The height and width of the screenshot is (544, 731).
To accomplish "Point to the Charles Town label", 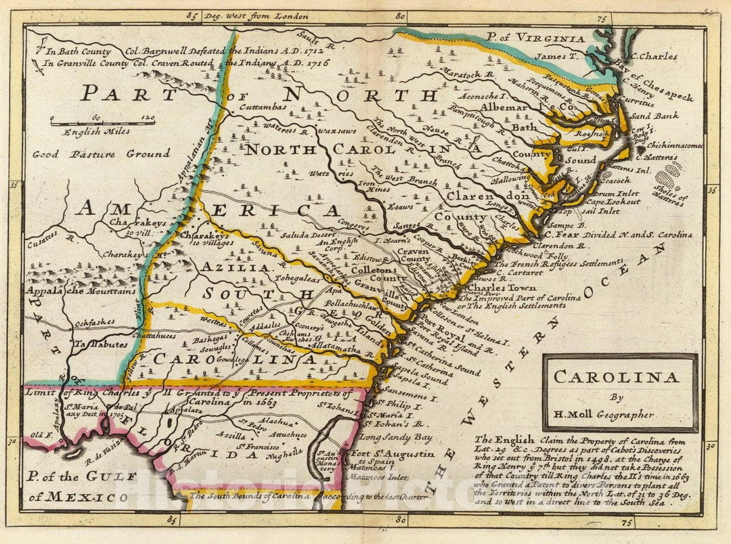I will pos(501,288).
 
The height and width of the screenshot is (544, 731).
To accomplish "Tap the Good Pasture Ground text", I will pos(102,154).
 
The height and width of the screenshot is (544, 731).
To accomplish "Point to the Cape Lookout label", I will pos(613,202).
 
